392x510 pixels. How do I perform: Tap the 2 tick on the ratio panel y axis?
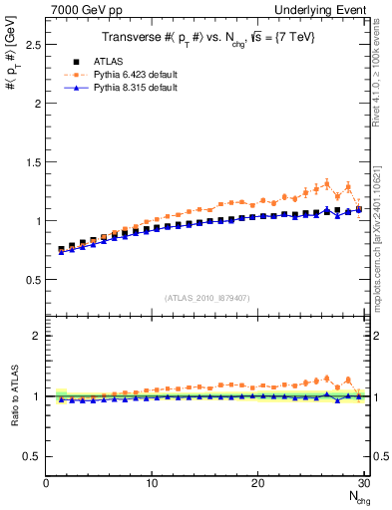pos(38,336)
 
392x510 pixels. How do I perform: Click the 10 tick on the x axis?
pos(152,483)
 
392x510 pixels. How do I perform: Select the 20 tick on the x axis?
pos(257,483)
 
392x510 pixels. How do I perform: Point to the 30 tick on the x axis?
pos(363,483)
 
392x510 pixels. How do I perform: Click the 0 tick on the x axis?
pos(46,483)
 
